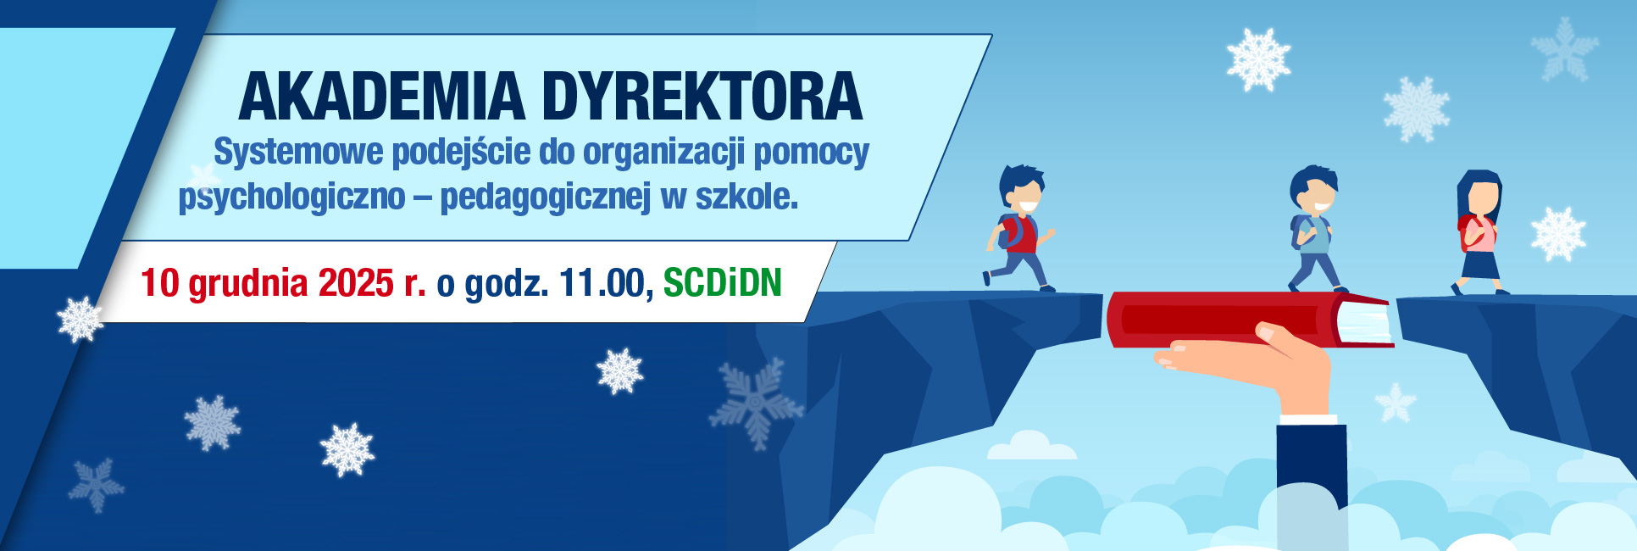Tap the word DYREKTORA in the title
coord(702,97)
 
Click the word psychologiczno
coord(291,197)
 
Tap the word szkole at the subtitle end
coord(746,197)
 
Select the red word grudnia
coord(247,283)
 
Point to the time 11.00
coord(602,283)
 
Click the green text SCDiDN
coord(722,283)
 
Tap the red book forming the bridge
coord(1220,319)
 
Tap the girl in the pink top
coord(1479,233)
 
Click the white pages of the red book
coord(1366,323)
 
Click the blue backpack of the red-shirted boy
coord(1006,231)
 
